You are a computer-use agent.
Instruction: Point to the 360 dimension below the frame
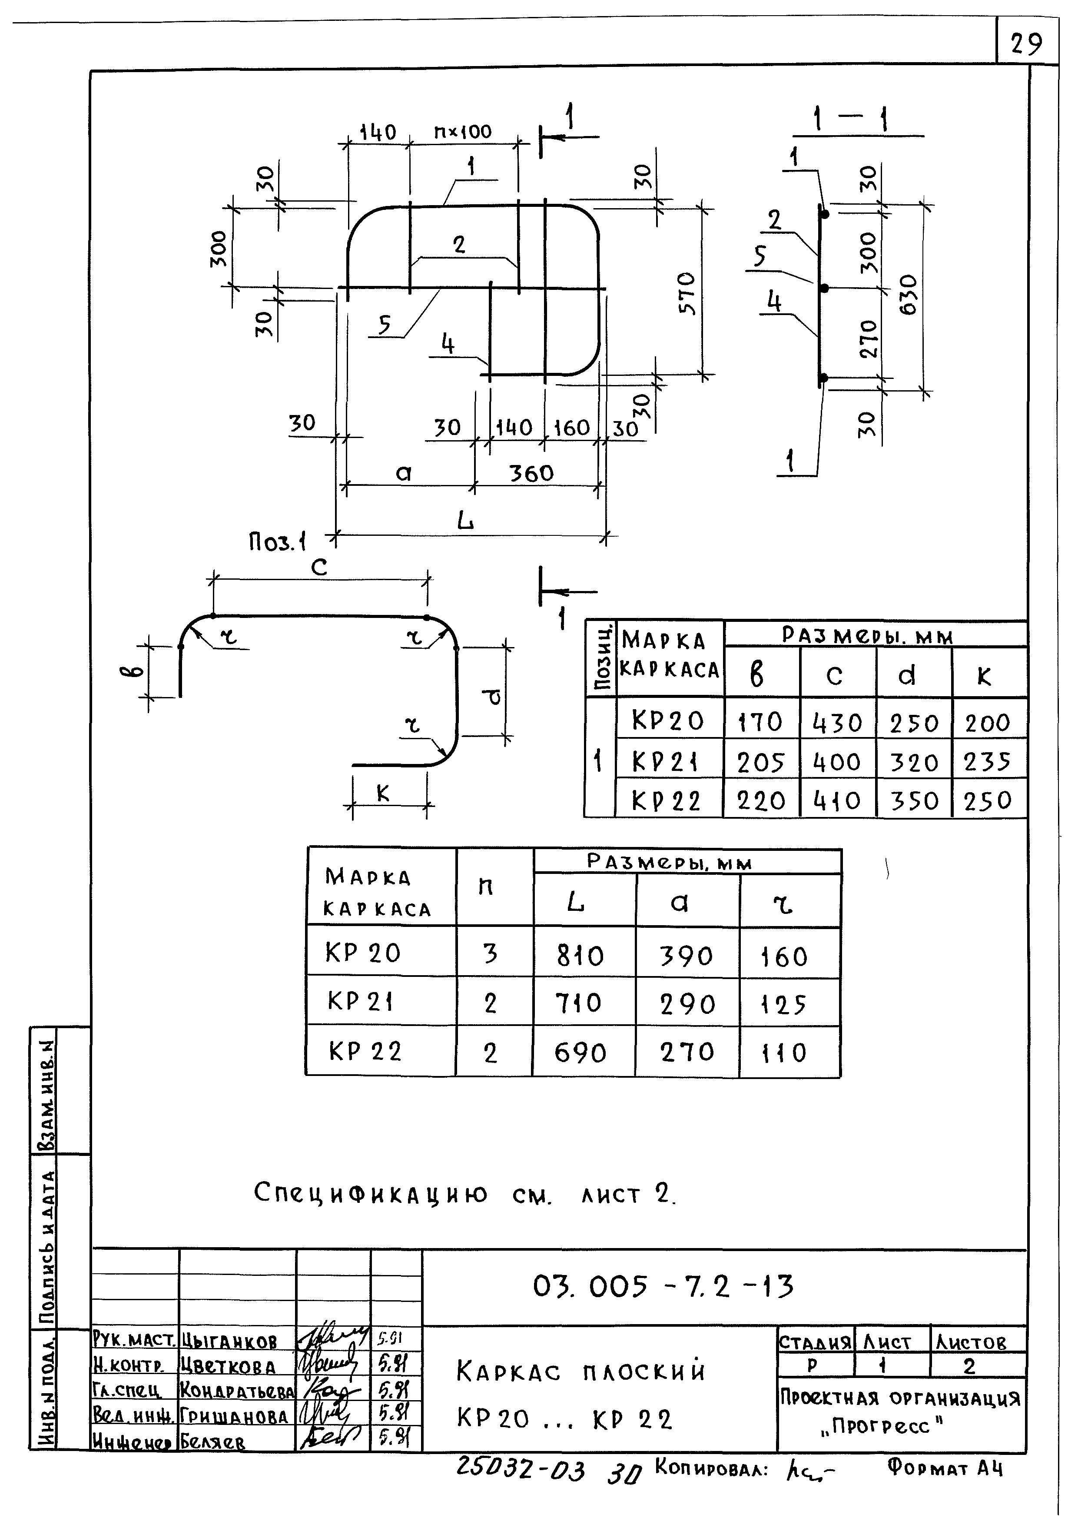tap(531, 473)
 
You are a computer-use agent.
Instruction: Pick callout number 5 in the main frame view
tap(385, 325)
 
